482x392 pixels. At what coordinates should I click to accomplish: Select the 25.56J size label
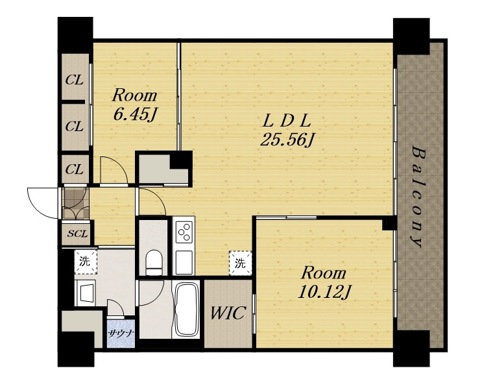tap(287, 140)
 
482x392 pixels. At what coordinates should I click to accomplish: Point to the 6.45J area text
tap(134, 114)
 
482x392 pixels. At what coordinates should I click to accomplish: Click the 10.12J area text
tap(324, 292)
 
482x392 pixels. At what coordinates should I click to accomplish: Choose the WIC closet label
tap(228, 313)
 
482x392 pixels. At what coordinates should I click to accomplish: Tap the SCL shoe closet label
tap(77, 234)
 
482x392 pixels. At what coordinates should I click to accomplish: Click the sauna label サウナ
tap(120, 334)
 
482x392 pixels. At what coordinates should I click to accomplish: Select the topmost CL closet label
tap(74, 80)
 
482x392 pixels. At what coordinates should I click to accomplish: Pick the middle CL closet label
tap(74, 126)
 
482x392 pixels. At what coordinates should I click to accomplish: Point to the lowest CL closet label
tap(74, 169)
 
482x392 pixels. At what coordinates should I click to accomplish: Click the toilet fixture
tap(154, 263)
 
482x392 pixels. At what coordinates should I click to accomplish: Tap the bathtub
tap(186, 310)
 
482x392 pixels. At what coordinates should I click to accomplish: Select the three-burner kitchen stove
tap(184, 232)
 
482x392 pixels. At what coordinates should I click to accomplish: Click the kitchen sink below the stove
tap(184, 262)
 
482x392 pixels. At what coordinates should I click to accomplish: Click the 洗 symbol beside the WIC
tap(240, 263)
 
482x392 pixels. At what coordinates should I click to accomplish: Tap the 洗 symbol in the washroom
tap(86, 262)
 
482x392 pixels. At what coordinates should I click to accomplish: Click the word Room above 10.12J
tap(323, 273)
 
